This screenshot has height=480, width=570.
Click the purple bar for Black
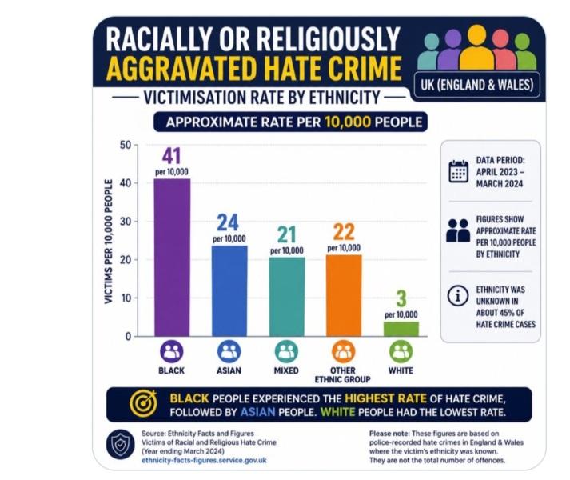pyautogui.click(x=172, y=258)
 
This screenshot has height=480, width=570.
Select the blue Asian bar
pyautogui.click(x=229, y=290)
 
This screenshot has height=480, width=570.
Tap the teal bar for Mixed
pyautogui.click(x=287, y=297)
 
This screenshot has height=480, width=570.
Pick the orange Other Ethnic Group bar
pyautogui.click(x=344, y=295)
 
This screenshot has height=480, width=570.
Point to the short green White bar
pyautogui.click(x=401, y=329)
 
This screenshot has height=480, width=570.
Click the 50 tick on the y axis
pyautogui.click(x=125, y=145)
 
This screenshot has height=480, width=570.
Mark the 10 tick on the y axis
pyautogui.click(x=125, y=298)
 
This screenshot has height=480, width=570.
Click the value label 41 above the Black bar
pyautogui.click(x=171, y=157)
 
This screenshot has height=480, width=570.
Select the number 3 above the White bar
pyautogui.click(x=401, y=298)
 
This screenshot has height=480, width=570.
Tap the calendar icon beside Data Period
pyautogui.click(x=458, y=171)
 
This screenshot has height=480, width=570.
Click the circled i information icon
pyautogui.click(x=457, y=295)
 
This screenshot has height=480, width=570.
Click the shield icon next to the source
pyautogui.click(x=121, y=445)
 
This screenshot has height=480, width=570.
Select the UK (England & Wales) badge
pyautogui.click(x=477, y=85)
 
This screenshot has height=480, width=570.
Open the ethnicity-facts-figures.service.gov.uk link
pyautogui.click(x=204, y=460)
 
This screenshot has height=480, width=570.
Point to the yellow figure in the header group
pyautogui.click(x=477, y=47)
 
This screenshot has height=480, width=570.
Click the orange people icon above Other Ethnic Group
pyautogui.click(x=343, y=351)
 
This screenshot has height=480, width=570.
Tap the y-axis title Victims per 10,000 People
pyautogui.click(x=108, y=242)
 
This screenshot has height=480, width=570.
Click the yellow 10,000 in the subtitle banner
pyautogui.click(x=348, y=122)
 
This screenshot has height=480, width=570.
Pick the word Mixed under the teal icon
pyautogui.click(x=286, y=370)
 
